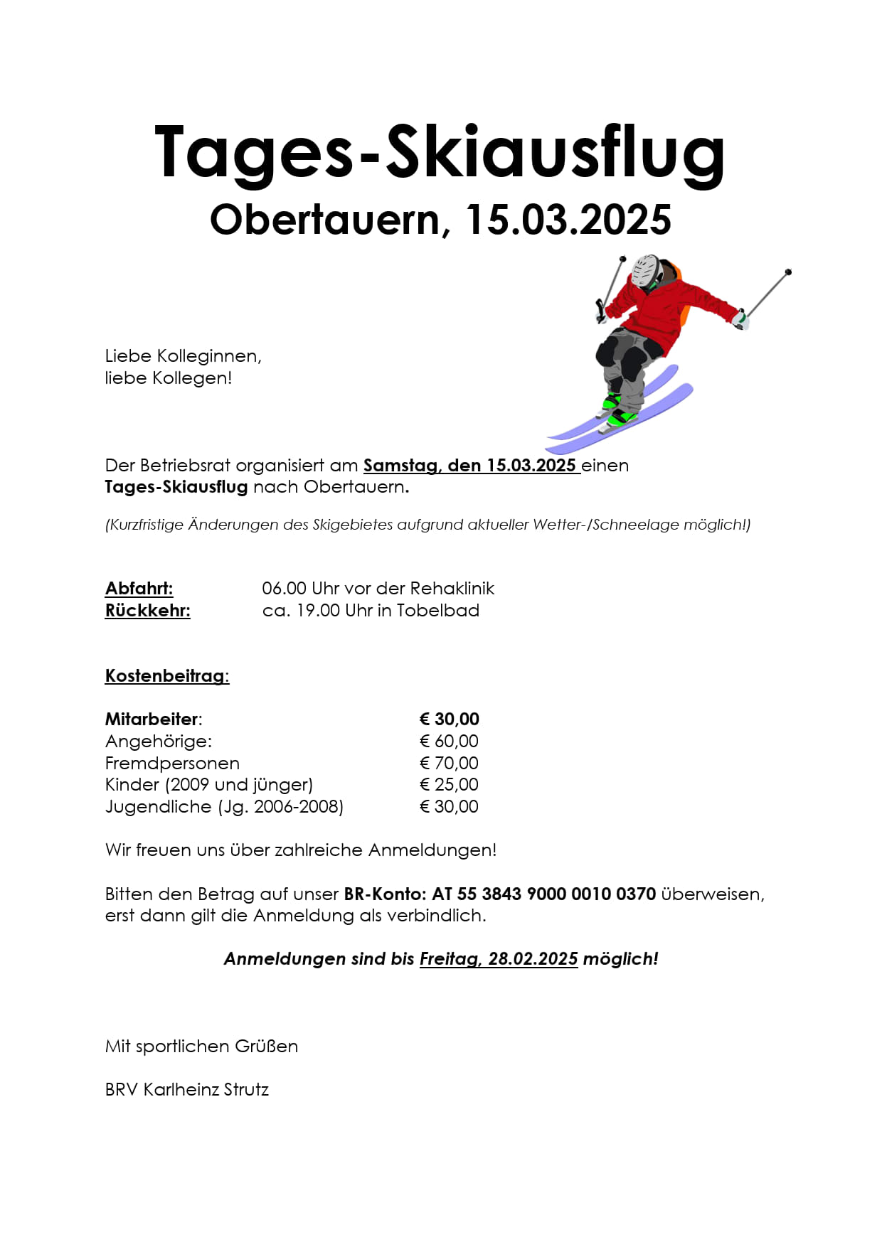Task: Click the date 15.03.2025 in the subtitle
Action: pyautogui.click(x=568, y=220)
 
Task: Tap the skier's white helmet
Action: pyautogui.click(x=646, y=270)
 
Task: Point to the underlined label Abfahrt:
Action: pyautogui.click(x=139, y=589)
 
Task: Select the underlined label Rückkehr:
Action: pyautogui.click(x=148, y=611)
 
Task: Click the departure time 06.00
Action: pyautogui.click(x=284, y=589)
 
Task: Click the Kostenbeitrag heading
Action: pyautogui.click(x=167, y=676)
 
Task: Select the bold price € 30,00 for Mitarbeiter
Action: pyautogui.click(x=449, y=719)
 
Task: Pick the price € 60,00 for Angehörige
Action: pyautogui.click(x=449, y=742)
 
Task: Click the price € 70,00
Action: pyautogui.click(x=449, y=764)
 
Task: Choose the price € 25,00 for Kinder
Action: pyautogui.click(x=449, y=785)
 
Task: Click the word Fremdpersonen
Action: pyautogui.click(x=172, y=764)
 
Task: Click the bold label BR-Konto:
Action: pyautogui.click(x=385, y=894)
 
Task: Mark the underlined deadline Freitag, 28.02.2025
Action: pyautogui.click(x=499, y=959)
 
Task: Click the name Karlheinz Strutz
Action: pyautogui.click(x=206, y=1090)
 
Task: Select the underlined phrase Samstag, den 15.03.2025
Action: pyautogui.click(x=470, y=466)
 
